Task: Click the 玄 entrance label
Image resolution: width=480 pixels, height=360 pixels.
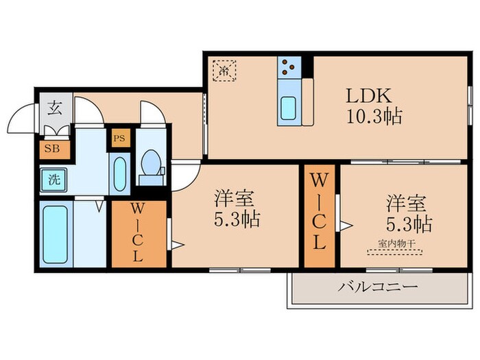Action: coord(53,108)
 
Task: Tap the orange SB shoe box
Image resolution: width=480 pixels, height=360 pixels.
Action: coord(51,147)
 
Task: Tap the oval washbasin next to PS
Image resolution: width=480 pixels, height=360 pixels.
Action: coord(118,174)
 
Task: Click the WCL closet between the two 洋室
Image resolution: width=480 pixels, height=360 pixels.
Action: coord(319,213)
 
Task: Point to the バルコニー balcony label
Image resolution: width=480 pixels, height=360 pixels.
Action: coord(376,287)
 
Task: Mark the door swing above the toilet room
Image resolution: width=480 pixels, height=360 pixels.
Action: coord(151,113)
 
